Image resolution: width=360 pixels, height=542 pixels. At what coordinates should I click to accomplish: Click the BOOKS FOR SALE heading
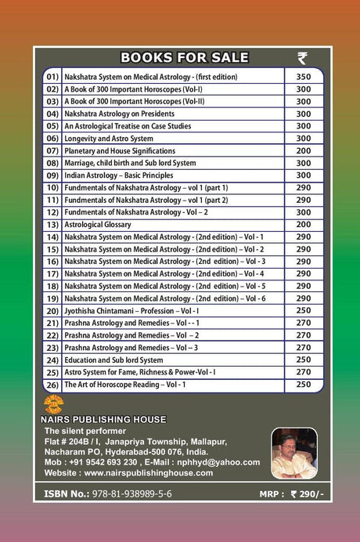coord(185,57)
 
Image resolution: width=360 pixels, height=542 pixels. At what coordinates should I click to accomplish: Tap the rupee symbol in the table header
coord(303,57)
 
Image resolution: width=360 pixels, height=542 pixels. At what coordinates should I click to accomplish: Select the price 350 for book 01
coord(303,77)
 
